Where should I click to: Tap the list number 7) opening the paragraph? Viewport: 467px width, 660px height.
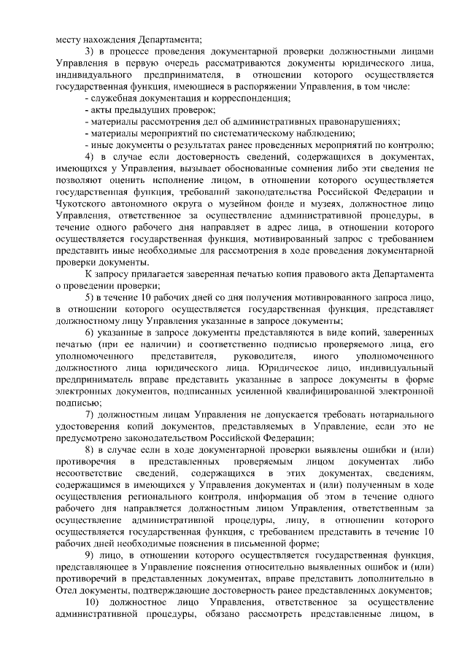pyautogui.click(x=90, y=415)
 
